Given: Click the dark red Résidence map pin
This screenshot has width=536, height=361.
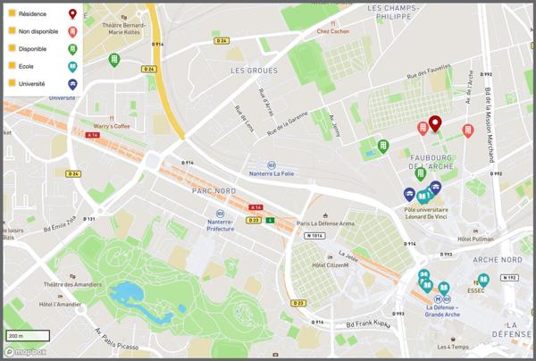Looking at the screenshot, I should pos(434,123).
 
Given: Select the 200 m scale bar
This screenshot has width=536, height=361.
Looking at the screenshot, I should pos(25,336).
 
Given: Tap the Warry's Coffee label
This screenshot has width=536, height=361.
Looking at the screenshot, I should pos(112,126).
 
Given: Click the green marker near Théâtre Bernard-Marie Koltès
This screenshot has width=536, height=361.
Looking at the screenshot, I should pos(113,60).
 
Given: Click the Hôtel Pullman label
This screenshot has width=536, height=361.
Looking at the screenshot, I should pos(475,239).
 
